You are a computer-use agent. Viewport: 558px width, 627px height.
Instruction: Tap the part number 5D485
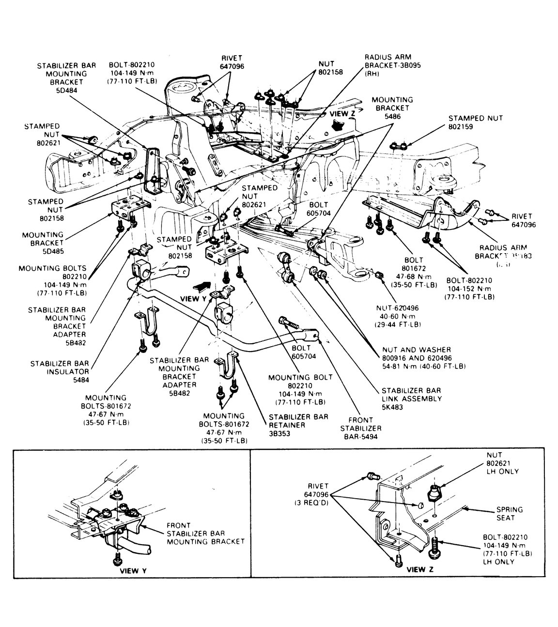point(50,251)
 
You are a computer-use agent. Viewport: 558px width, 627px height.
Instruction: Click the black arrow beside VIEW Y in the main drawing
point(202,287)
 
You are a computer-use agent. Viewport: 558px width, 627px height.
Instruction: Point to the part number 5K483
point(392,407)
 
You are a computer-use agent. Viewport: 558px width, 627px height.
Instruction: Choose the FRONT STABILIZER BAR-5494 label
point(360,428)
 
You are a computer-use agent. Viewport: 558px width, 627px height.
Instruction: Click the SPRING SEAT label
point(509,513)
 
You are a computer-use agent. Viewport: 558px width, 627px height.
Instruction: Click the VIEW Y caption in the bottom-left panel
point(133,570)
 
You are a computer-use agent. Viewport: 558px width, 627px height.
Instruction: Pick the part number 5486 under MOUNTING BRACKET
point(393,116)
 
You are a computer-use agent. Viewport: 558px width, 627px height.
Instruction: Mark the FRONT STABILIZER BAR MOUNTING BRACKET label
point(205,533)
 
